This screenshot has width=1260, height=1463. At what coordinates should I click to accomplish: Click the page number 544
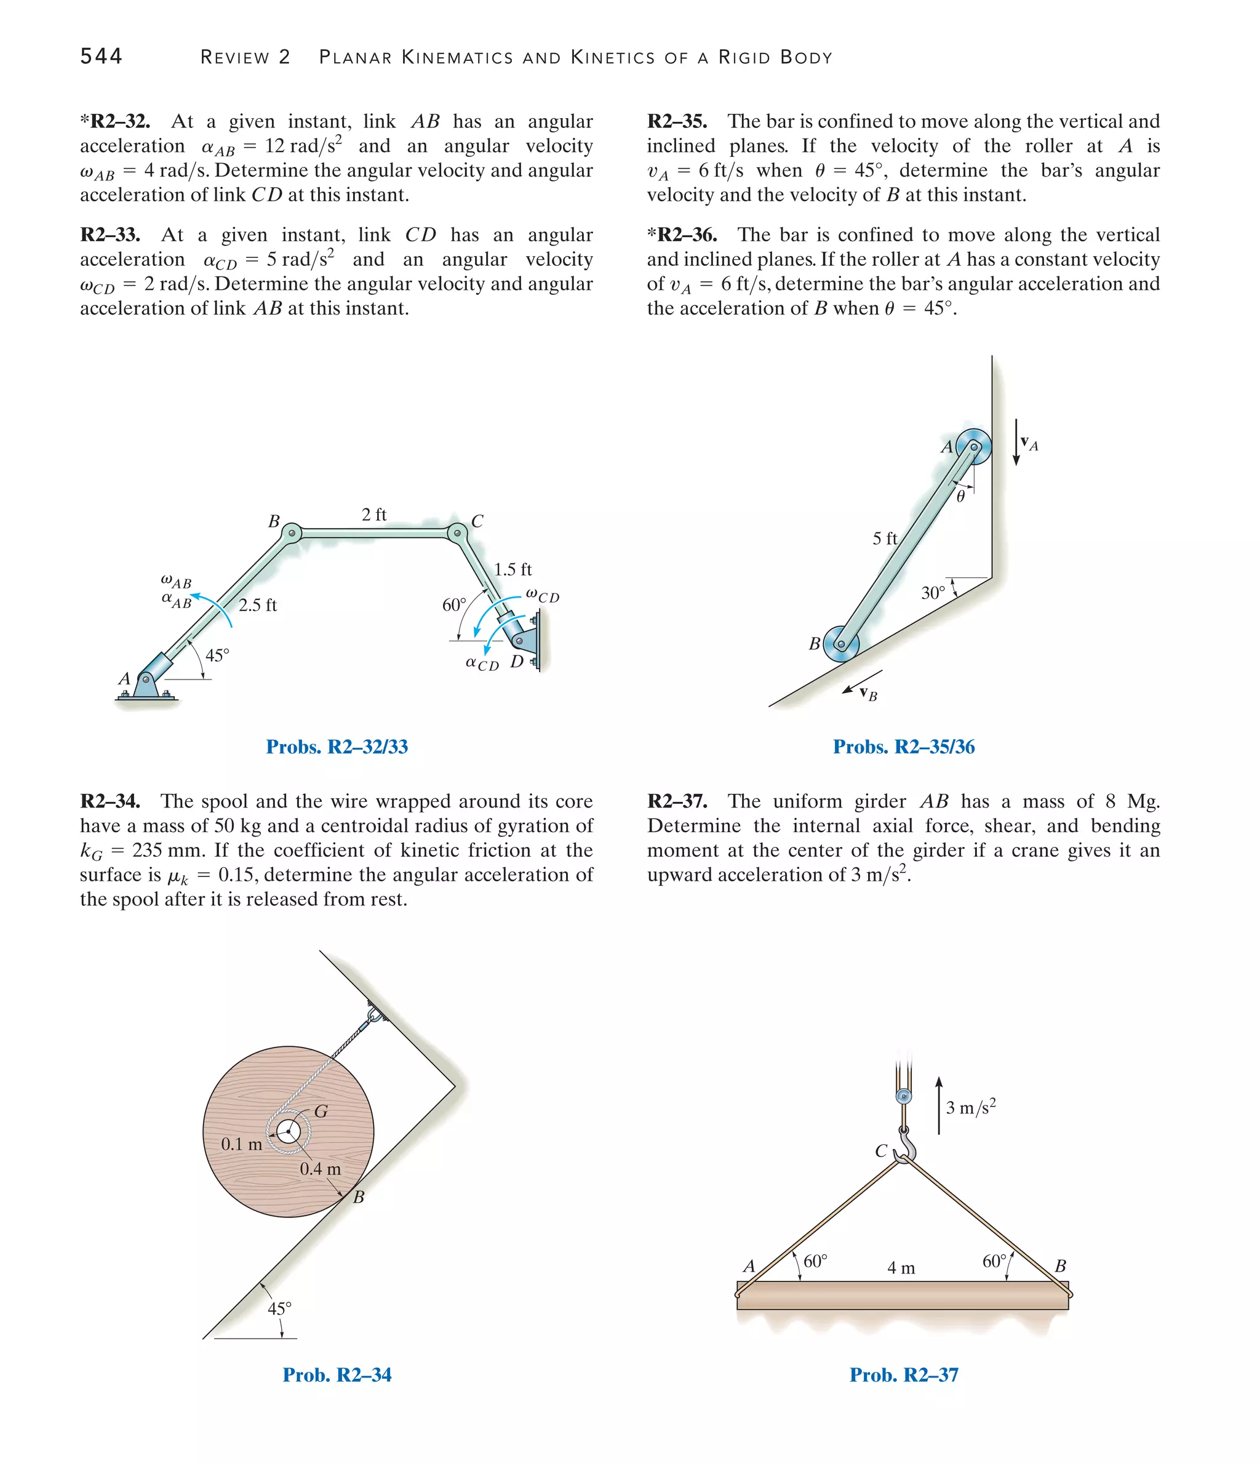(101, 57)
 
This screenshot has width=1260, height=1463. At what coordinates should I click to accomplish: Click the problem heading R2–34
(110, 801)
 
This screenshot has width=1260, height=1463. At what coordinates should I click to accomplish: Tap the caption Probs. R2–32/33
(337, 747)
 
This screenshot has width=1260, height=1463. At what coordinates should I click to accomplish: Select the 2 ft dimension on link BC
(373, 515)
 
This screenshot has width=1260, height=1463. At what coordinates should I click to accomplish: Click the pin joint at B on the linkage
(292, 533)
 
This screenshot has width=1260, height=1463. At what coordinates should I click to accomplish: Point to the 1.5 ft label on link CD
(512, 569)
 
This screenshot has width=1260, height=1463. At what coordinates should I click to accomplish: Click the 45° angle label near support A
(217, 655)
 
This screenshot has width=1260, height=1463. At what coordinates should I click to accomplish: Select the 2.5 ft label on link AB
(258, 605)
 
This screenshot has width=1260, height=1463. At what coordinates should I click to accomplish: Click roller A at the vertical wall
(974, 446)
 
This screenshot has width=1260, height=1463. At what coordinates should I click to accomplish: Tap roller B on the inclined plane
(840, 644)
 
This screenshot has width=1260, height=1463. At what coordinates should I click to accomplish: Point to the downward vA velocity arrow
(1016, 442)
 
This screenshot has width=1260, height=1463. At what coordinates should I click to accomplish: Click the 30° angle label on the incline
(933, 593)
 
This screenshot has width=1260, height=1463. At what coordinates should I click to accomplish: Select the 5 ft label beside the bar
(885, 539)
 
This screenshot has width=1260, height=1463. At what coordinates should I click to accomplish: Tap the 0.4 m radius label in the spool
(320, 1169)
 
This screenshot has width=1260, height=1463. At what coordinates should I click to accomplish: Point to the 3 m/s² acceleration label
(971, 1107)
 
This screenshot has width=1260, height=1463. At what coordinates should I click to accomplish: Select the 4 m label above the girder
(901, 1268)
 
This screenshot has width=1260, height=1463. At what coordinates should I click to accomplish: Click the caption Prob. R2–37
(904, 1375)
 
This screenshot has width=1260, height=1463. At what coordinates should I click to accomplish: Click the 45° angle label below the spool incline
(279, 1309)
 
